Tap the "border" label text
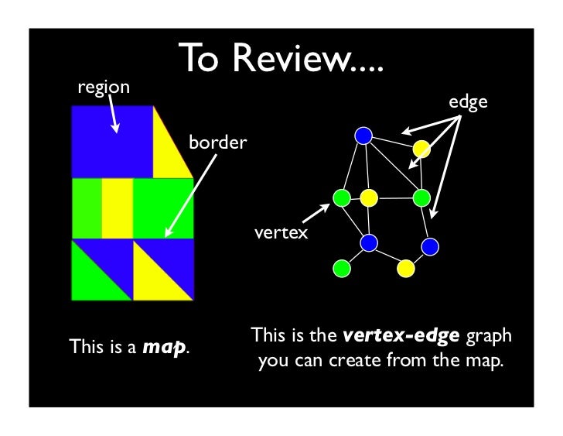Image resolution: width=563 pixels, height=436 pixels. point(217,143)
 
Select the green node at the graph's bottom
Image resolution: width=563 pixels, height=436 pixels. point(340,268)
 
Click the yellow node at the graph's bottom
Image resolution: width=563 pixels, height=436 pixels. point(404,268)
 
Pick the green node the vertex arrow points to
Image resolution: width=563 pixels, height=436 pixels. point(340,198)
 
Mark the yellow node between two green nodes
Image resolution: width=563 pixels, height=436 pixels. point(369,199)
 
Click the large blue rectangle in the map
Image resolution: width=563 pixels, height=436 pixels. point(111,142)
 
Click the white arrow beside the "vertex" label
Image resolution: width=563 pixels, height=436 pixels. point(313,211)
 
